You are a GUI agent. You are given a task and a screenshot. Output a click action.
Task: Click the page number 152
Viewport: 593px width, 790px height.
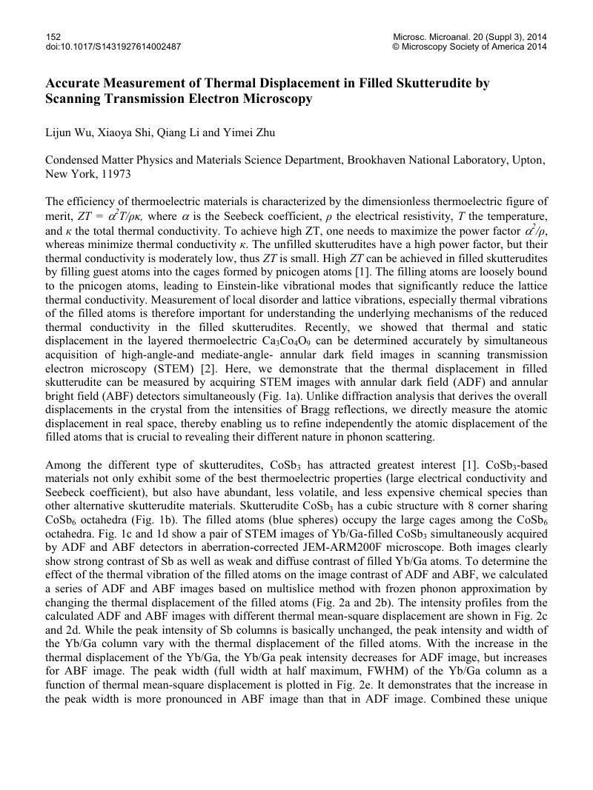[53, 36]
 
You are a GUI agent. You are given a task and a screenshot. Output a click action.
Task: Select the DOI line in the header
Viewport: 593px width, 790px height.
[113, 46]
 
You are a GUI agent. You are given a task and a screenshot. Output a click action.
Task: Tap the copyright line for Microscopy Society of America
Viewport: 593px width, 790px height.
[469, 46]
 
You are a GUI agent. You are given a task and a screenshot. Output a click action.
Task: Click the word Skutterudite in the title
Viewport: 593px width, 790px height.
[417, 83]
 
